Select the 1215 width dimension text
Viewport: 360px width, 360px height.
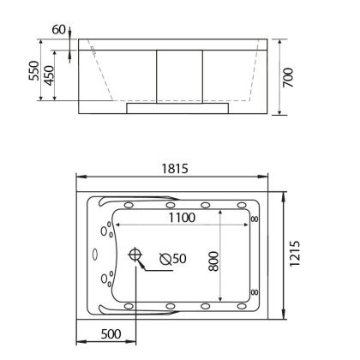point(294,255)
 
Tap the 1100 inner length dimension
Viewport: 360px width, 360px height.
point(181,218)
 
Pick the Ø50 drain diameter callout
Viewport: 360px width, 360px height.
point(174,257)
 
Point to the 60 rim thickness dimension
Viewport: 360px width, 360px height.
point(57,30)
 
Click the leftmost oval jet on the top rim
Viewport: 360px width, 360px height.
point(129,204)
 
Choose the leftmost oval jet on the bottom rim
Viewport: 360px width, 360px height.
point(129,306)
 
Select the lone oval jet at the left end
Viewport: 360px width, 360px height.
point(97,254)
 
